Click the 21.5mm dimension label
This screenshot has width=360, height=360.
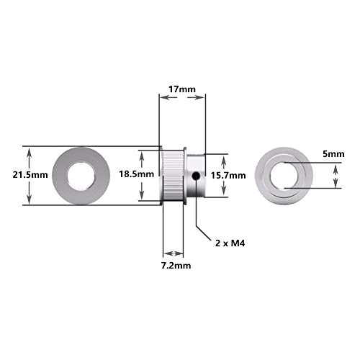[14, 175]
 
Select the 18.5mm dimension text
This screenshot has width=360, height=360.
[136, 174]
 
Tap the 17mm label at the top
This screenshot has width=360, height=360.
[181, 89]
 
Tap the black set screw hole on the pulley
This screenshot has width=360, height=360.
[196, 176]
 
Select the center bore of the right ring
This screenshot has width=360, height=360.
[284, 175]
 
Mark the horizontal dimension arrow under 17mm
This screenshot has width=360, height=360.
[181, 100]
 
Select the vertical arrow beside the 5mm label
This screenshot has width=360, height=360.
[336, 175]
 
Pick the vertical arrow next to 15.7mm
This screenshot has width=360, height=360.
[228, 175]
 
